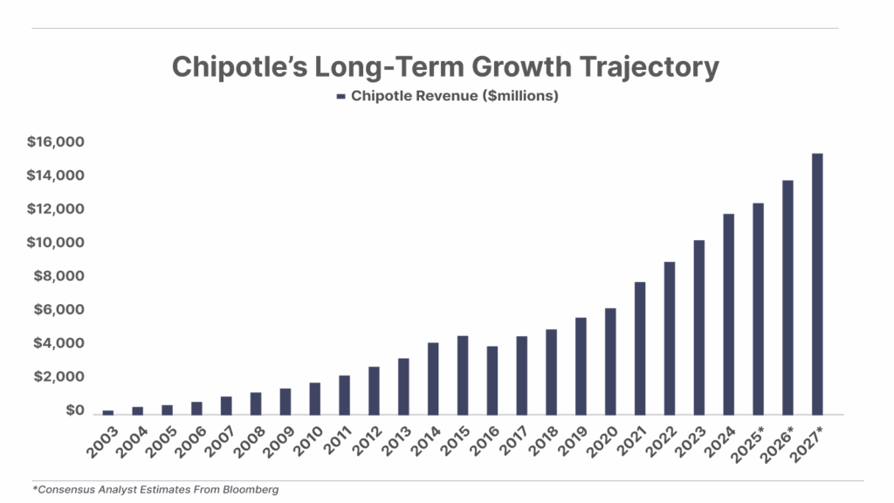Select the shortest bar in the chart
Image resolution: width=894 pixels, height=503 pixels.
coord(108,412)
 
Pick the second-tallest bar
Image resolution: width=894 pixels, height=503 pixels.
coord(787,297)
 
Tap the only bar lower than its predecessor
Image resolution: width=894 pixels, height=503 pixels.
coord(492,380)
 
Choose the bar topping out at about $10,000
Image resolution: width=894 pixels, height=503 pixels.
coord(698,327)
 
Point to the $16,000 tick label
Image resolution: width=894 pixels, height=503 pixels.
coord(56,142)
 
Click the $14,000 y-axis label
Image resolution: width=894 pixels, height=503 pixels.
coord(56,176)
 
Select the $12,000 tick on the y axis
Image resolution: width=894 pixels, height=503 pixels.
coord(56,209)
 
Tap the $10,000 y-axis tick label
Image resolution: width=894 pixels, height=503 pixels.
coord(56,242)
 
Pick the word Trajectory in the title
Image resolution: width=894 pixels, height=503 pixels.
coord(656,67)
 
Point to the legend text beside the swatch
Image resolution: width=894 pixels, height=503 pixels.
coord(454,96)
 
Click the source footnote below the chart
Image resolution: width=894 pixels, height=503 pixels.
coord(157,490)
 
